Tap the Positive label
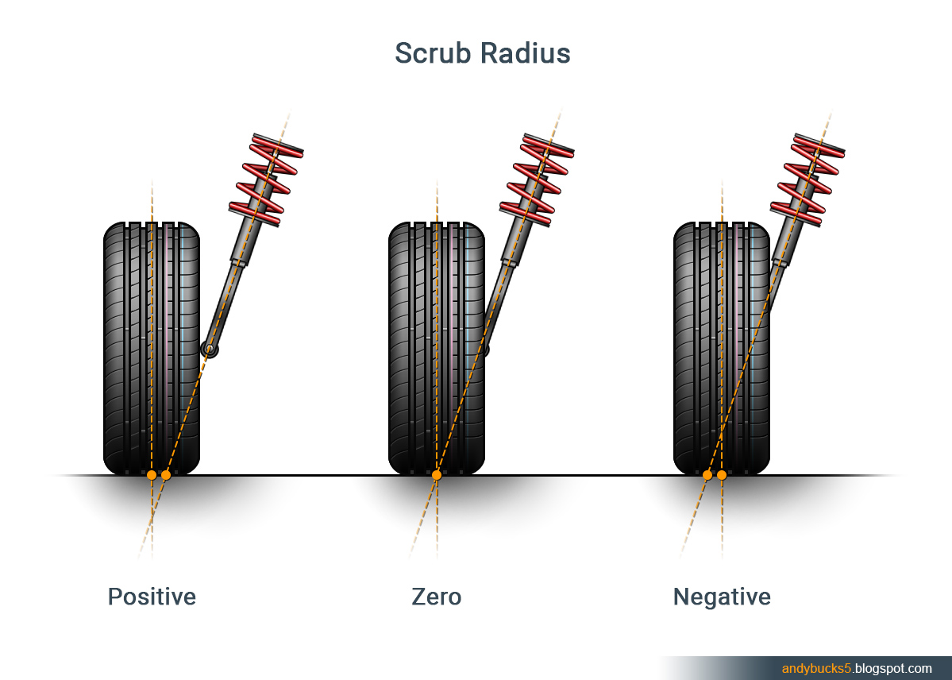152,597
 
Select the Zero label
436,597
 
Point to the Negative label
722,597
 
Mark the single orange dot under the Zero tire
436,475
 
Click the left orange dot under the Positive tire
151,475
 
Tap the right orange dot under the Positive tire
166,475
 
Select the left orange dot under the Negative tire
707,475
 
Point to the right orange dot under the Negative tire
722,475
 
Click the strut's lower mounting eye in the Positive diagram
210,348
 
